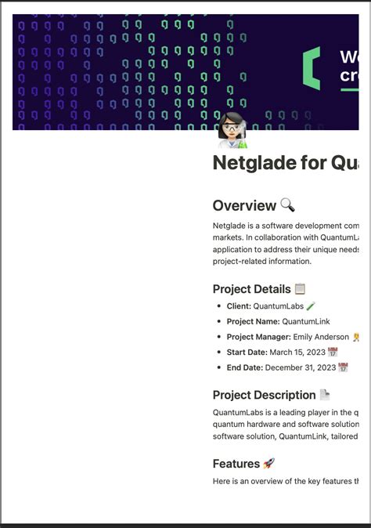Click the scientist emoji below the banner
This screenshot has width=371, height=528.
pos(232,130)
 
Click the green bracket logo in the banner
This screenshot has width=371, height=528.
pos(312,67)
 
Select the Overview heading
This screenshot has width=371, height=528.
pos(244,205)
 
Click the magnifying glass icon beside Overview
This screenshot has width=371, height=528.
pos(287,205)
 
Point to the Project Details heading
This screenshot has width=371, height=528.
pos(251,289)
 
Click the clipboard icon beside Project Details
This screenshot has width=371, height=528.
pos(301,289)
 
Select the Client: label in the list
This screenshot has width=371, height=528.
pos(239,306)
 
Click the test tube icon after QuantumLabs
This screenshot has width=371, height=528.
pos(311,306)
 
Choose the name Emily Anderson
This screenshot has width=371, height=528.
pos(320,337)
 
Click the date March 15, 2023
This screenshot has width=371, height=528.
pos(297,353)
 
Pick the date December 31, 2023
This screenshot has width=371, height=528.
pos(301,367)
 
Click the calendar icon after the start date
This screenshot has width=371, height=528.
pos(333,353)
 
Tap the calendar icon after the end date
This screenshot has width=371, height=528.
pos(343,367)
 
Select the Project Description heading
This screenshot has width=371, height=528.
pos(264,395)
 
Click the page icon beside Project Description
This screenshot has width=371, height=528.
pos(325,395)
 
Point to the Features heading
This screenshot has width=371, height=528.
pos(236,464)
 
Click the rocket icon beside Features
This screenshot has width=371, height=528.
pos(268,464)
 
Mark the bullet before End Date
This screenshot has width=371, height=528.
pos(219,368)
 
